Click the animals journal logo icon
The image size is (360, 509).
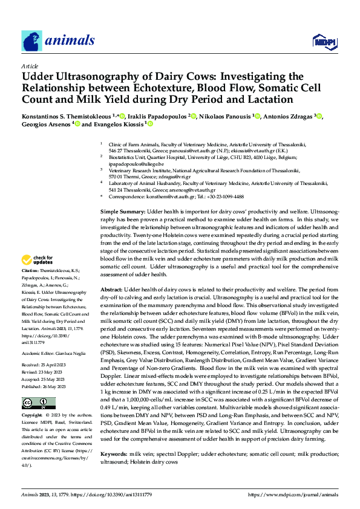coord(31,41)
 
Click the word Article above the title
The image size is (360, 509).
coord(30,66)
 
